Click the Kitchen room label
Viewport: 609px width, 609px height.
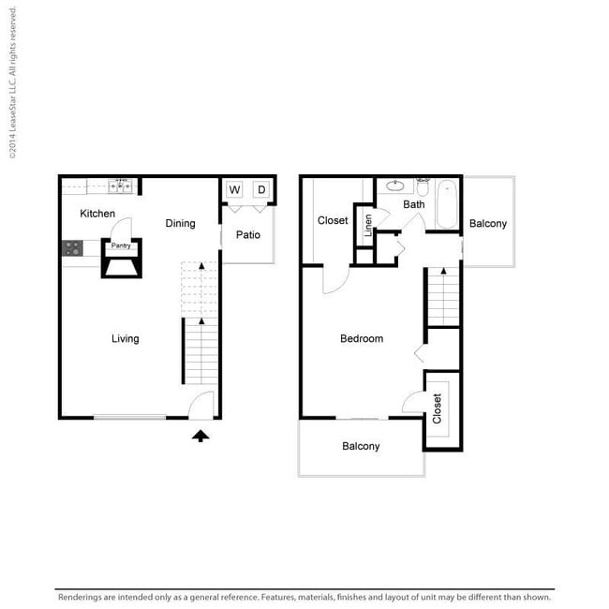tap(97, 214)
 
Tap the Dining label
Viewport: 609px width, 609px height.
tap(180, 223)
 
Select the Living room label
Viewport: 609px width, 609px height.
tap(125, 338)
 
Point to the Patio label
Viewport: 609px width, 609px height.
tap(248, 234)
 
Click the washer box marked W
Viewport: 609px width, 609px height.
tap(234, 189)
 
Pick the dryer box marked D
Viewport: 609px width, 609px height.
tap(261, 189)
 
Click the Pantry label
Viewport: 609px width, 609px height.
tap(121, 245)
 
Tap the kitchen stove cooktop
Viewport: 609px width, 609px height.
tap(72, 248)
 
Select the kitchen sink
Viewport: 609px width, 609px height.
tap(120, 186)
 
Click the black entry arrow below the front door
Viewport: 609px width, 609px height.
tap(201, 436)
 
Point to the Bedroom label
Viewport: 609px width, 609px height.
tap(362, 338)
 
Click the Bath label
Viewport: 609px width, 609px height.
tap(413, 204)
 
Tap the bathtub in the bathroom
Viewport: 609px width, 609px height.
tap(447, 204)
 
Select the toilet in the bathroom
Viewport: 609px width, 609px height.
tap(423, 186)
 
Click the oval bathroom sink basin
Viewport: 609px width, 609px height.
tap(395, 186)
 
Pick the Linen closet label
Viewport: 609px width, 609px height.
tap(368, 225)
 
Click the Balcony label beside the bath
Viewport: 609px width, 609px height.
tap(488, 224)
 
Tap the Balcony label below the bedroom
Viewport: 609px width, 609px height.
tap(361, 446)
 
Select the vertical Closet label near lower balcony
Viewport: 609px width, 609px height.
tap(437, 408)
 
